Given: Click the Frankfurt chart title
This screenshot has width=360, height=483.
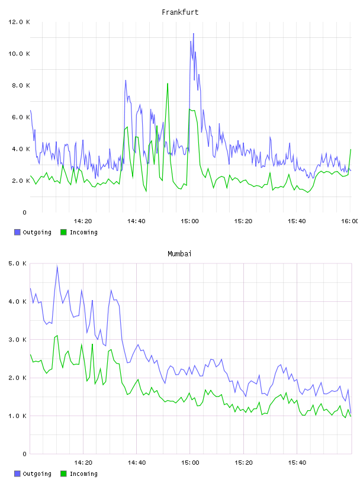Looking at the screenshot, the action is (180, 12).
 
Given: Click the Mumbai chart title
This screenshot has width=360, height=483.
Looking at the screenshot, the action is (179, 254).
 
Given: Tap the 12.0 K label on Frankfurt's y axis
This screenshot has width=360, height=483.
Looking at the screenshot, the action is (19, 22).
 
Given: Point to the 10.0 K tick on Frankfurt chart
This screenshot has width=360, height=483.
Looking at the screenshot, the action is (19, 54).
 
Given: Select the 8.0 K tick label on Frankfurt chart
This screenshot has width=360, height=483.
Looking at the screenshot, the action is (21, 85).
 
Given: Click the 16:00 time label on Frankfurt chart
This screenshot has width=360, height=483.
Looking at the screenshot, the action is (349, 221).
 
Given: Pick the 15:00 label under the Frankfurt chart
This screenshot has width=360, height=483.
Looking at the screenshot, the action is (189, 221).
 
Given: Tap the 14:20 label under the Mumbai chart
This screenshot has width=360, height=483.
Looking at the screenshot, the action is (83, 462).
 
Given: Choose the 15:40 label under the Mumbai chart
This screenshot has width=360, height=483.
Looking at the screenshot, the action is (297, 462).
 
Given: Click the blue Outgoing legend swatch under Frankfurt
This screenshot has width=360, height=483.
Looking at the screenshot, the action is (17, 232).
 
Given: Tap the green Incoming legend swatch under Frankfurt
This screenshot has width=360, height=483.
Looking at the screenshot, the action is (63, 232).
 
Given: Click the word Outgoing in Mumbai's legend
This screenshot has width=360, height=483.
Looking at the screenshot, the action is (37, 474).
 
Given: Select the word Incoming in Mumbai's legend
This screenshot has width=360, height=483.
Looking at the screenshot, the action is (83, 474).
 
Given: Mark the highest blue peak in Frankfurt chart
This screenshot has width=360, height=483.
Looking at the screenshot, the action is (194, 33).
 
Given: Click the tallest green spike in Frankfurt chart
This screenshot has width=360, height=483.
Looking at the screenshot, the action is (168, 83).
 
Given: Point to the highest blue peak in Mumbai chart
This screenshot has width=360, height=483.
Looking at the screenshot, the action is (57, 266).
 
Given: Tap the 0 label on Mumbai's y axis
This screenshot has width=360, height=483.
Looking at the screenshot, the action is (25, 454).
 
